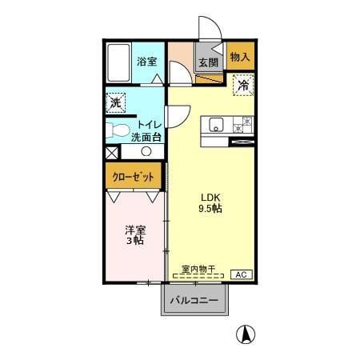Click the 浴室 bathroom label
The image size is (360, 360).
pyautogui.click(x=146, y=61)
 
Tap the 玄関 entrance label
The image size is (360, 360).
pyautogui.click(x=208, y=62)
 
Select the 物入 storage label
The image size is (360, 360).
pyautogui.click(x=240, y=57)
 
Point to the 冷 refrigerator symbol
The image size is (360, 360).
pyautogui.click(x=242, y=84)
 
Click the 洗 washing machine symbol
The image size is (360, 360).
pyautogui.click(x=117, y=102)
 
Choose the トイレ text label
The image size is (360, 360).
pyautogui.click(x=150, y=124)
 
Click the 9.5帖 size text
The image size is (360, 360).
pyautogui.click(x=210, y=209)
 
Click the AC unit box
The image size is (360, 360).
pyautogui.click(x=239, y=274)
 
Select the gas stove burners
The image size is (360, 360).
pyautogui.click(x=242, y=124)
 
